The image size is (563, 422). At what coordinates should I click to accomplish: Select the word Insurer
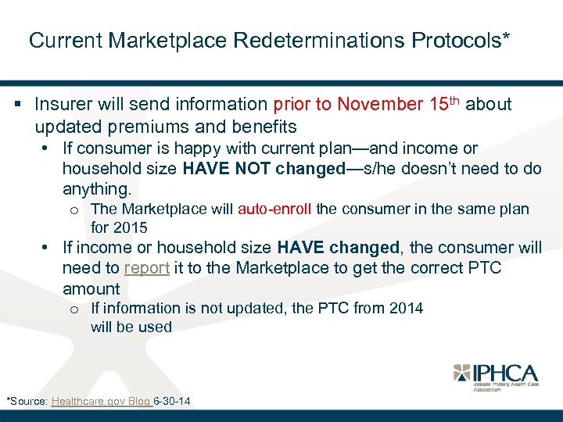[62, 105]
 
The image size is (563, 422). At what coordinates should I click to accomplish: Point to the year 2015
[130, 228]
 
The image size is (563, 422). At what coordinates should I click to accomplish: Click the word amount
[91, 289]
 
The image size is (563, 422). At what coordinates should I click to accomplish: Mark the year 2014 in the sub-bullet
[406, 309]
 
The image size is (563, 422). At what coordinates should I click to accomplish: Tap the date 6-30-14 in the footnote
[173, 402]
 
